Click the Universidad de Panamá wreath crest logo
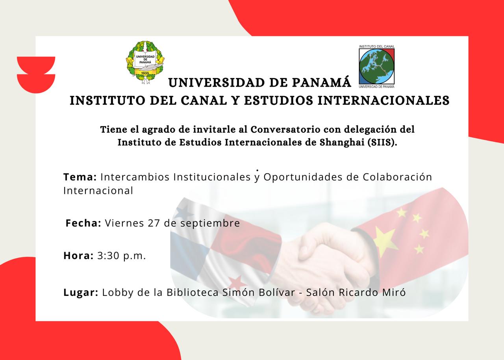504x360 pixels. coord(145,62)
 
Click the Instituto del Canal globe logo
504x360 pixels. coord(376,67)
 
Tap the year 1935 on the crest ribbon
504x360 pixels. coord(145,73)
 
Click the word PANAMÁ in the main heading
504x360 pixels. coord(321,82)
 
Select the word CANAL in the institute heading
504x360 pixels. coord(204,100)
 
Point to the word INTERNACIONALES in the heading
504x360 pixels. coord(384,100)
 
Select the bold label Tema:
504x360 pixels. coord(80,177)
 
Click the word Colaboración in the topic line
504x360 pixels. coord(397,177)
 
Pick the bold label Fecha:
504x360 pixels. coord(83,223)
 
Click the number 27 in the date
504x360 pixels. coord(154,223)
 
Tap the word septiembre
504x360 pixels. coord(210,224)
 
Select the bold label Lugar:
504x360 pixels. coord(81,293)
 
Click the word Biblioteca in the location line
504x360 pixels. coord(193,293)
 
